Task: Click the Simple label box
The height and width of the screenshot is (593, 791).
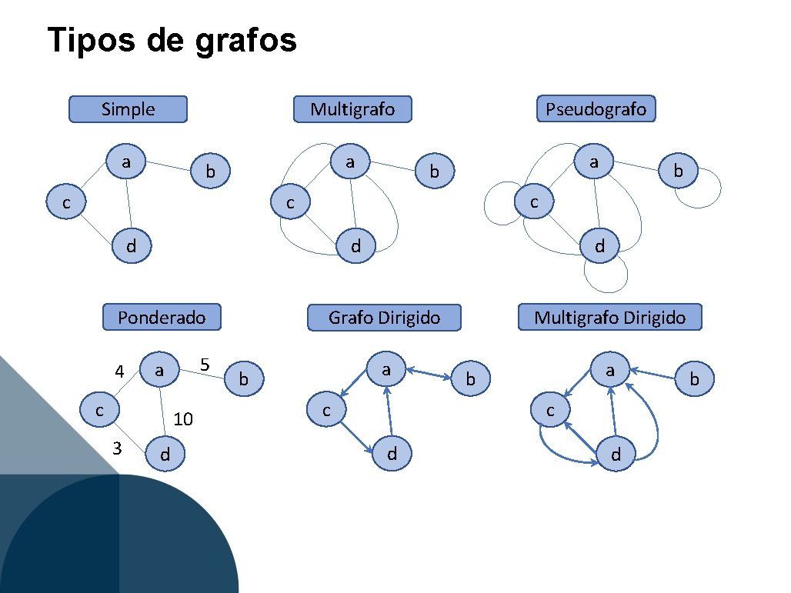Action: pyautogui.click(x=128, y=109)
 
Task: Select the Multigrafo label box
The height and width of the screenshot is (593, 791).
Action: pyautogui.click(x=352, y=109)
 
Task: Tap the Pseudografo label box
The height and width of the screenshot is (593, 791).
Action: pyautogui.click(x=596, y=109)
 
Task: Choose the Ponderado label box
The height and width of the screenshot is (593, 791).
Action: pyautogui.click(x=162, y=317)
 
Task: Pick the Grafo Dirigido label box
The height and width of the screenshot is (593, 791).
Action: pyautogui.click(x=384, y=317)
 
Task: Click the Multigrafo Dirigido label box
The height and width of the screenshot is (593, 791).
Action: pyautogui.click(x=609, y=317)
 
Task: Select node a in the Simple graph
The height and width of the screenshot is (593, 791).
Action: pyautogui.click(x=125, y=162)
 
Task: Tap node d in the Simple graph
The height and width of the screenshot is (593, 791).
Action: pyautogui.click(x=132, y=247)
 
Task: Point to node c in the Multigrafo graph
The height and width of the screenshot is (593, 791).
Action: pyautogui.click(x=290, y=203)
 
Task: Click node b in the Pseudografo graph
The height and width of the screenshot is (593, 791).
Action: pyautogui.click(x=678, y=171)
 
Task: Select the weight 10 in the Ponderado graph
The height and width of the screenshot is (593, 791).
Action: pyautogui.click(x=183, y=419)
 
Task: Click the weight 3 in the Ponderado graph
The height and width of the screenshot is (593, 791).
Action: pyautogui.click(x=117, y=448)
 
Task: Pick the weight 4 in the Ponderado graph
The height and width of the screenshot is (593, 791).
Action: pyautogui.click(x=119, y=372)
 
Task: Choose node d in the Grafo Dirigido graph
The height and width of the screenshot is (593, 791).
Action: pyautogui.click(x=392, y=454)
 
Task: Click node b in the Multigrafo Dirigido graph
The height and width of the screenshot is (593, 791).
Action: pyautogui.click(x=694, y=378)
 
